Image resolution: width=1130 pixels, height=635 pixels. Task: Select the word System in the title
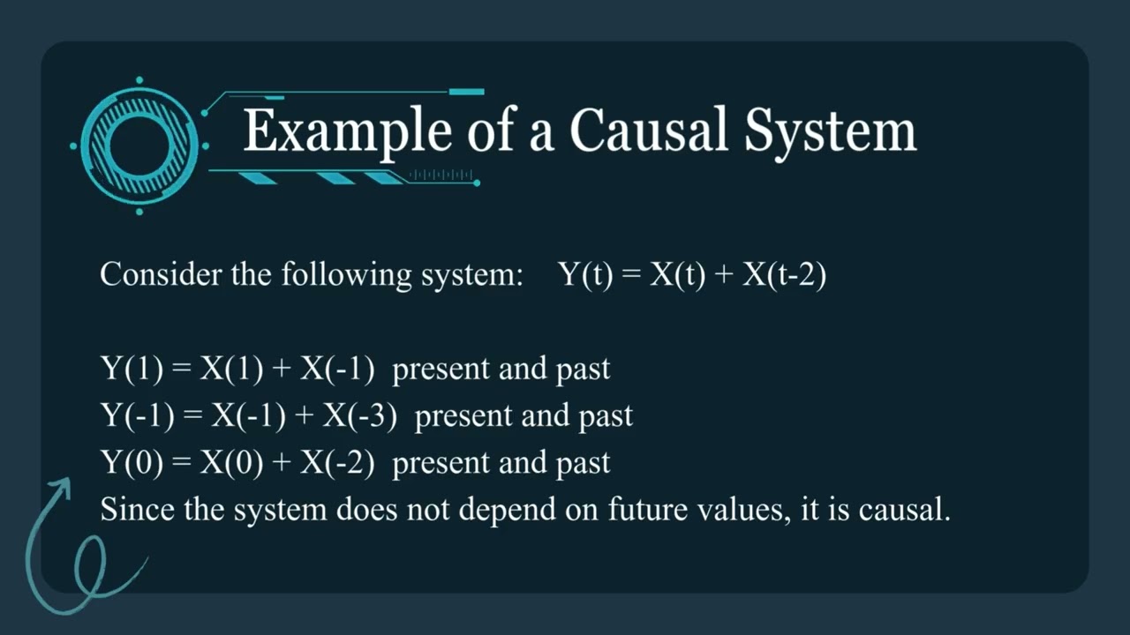pos(829,131)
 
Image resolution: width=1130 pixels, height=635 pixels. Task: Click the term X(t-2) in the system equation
pos(784,275)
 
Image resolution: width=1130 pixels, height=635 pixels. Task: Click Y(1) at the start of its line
pos(132,369)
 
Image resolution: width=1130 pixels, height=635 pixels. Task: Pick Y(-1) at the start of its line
pos(138,415)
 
